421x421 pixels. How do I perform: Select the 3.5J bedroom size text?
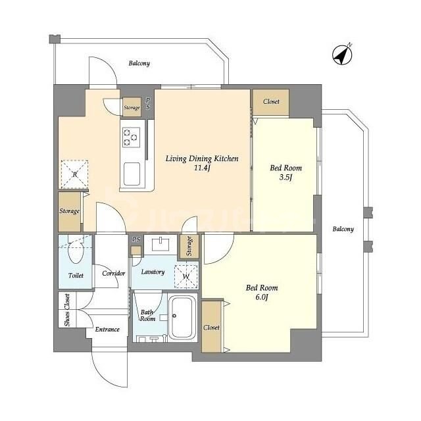coord(285,176)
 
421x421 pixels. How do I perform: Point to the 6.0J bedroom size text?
coord(262,296)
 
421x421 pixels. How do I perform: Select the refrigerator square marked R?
coord(76,174)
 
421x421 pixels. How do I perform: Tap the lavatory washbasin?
coord(159,245)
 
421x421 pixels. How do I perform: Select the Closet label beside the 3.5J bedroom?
coord(271,102)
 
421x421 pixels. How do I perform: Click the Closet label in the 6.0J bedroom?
coord(212,327)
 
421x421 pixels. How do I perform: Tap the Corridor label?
coord(113,273)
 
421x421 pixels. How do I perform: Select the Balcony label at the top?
coord(139,64)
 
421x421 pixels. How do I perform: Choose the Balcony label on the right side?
coord(343,230)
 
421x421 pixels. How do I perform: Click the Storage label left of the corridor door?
coord(70,211)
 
